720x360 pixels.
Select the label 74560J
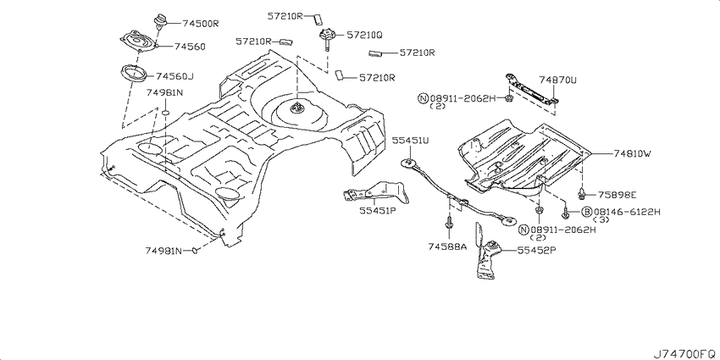coord(174,76)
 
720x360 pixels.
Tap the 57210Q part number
coord(364,35)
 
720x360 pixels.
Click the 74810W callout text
coord(632,154)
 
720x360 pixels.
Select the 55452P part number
coord(537,251)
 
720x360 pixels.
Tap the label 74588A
coord(447,247)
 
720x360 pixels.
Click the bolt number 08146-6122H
coord(627,212)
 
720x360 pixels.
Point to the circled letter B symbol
coord(586,212)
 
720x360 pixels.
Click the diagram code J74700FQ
coord(684,353)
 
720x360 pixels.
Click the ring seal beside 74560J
coord(133,74)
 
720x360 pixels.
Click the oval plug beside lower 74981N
coord(195,250)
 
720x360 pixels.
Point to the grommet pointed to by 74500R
coord(160,21)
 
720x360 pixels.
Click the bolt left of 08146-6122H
coord(566,213)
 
